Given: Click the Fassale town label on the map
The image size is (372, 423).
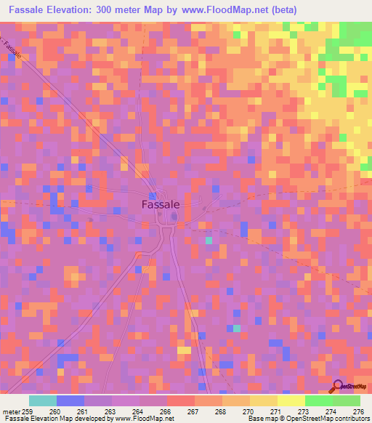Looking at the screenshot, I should (x=160, y=205).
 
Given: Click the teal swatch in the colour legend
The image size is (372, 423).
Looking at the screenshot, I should (x=43, y=401).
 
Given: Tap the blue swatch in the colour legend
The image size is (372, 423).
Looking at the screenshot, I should (x=70, y=401).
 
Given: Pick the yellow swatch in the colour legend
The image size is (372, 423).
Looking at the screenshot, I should (x=291, y=401).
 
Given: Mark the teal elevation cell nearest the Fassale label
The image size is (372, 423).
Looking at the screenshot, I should (x=209, y=240).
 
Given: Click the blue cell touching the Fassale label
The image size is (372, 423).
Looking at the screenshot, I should (x=153, y=196).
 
